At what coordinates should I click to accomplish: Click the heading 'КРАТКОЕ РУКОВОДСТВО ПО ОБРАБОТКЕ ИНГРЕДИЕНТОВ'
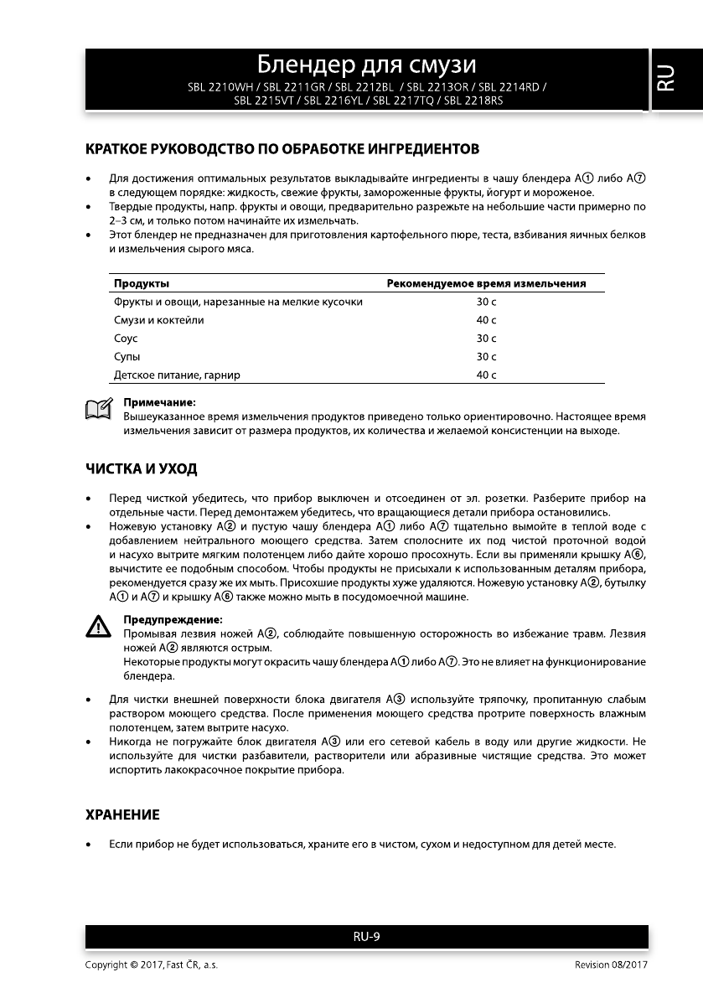click(282, 150)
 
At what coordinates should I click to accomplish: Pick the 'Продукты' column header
click(142, 284)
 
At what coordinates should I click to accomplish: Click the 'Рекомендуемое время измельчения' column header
click(486, 284)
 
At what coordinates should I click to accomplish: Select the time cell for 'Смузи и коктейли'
click(486, 320)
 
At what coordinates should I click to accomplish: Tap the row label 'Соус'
click(126, 339)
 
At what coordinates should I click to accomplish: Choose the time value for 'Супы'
click(486, 357)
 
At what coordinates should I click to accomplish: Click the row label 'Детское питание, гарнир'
click(177, 375)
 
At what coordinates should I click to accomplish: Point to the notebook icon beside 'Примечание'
click(98, 410)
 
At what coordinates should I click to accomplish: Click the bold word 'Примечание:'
click(159, 403)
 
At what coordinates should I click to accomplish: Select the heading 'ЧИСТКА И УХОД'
click(142, 468)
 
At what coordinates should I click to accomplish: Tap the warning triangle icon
click(99, 626)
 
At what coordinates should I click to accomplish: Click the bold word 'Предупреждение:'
click(173, 619)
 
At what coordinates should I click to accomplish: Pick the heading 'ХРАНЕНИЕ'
click(122, 814)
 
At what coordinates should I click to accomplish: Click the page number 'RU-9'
click(366, 937)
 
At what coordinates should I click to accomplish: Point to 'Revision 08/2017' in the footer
click(611, 965)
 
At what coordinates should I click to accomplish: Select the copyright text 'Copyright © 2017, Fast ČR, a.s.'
click(152, 965)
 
